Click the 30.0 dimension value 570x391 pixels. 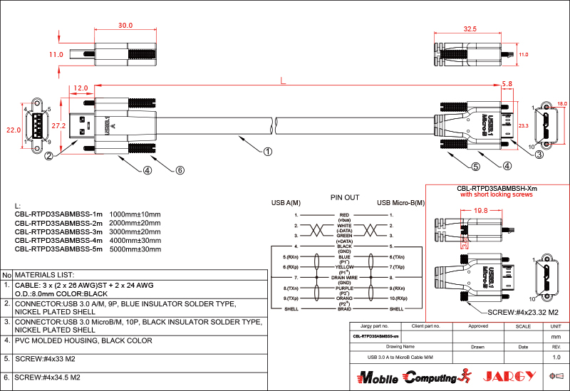(125, 26)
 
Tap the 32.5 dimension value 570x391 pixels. (470, 30)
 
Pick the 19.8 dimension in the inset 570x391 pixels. (480, 211)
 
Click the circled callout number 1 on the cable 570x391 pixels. (268, 151)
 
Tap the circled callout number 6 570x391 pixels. (180, 170)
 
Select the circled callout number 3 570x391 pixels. (539, 154)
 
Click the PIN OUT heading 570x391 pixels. (345, 197)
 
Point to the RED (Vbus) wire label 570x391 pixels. (345, 217)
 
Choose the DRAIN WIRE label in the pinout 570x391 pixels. (345, 276)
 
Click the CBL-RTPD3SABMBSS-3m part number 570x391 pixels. (59, 231)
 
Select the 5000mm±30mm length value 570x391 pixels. (135, 249)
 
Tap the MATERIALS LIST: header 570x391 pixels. (45, 274)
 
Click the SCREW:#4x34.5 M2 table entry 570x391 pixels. (47, 377)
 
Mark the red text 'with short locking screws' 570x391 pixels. (496, 194)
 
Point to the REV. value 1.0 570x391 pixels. (556, 357)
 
